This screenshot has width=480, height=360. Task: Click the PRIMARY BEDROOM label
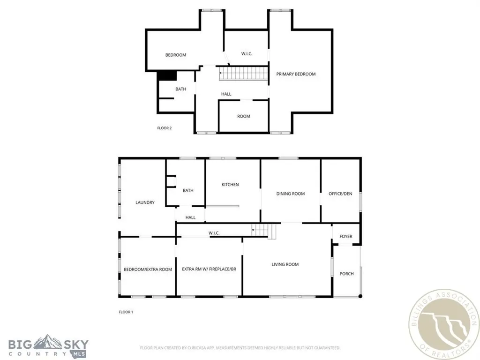click(x=295, y=74)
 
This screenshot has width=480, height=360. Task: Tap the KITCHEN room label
click(x=230, y=185)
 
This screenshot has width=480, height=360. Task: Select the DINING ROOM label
click(x=291, y=194)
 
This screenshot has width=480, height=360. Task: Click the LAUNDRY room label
click(x=145, y=202)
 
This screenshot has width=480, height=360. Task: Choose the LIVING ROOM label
click(x=285, y=264)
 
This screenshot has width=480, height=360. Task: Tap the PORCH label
click(x=346, y=274)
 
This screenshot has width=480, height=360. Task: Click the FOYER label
click(x=346, y=237)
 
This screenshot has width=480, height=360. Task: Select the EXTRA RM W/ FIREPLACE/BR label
click(x=209, y=270)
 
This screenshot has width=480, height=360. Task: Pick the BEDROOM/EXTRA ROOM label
click(x=148, y=270)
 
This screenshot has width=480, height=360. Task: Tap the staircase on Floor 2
click(x=244, y=73)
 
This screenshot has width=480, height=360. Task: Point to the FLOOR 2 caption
click(x=164, y=128)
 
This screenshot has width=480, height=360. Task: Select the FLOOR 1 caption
click(x=126, y=312)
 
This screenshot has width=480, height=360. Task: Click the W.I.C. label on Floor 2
click(x=247, y=54)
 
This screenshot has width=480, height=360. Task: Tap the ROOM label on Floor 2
click(x=243, y=116)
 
